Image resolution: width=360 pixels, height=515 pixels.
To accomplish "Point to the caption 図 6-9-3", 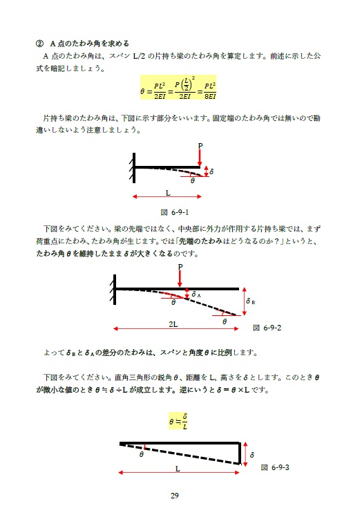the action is tap(278, 467).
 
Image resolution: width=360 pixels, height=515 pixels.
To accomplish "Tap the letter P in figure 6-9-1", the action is tap(200, 146).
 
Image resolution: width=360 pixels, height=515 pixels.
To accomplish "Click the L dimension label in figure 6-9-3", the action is tap(178, 468).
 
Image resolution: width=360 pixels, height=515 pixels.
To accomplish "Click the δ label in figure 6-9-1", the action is tap(211, 171).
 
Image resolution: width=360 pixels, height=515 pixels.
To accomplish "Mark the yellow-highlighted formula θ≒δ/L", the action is tap(179, 420).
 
